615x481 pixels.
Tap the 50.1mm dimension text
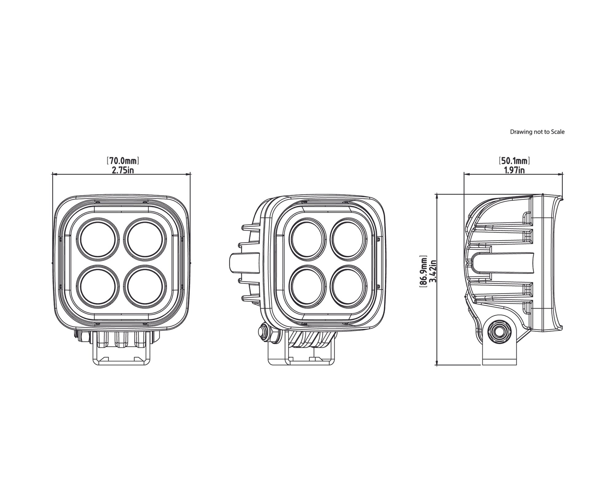514,161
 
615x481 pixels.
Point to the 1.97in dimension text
514,170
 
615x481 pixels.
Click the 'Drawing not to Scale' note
537,132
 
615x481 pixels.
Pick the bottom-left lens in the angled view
307,287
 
